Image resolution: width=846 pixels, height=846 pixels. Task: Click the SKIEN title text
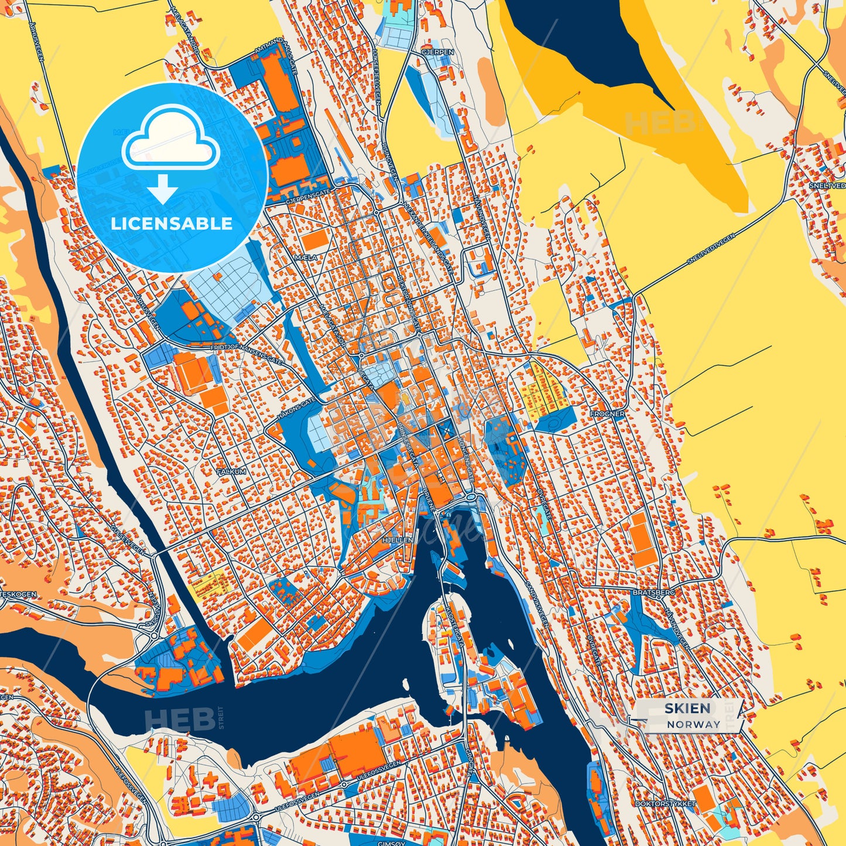tap(687, 708)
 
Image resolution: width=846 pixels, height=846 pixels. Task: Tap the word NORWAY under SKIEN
tap(693, 724)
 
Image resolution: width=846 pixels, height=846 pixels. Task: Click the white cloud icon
tap(170, 139)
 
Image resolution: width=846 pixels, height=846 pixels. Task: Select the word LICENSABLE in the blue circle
tap(172, 224)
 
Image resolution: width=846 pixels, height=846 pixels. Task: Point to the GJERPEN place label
tap(437, 52)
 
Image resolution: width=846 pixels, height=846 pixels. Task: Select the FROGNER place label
tap(607, 413)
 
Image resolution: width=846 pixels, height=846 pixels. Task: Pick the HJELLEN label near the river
tap(397, 540)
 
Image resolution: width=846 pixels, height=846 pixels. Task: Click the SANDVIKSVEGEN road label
tap(537, 604)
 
